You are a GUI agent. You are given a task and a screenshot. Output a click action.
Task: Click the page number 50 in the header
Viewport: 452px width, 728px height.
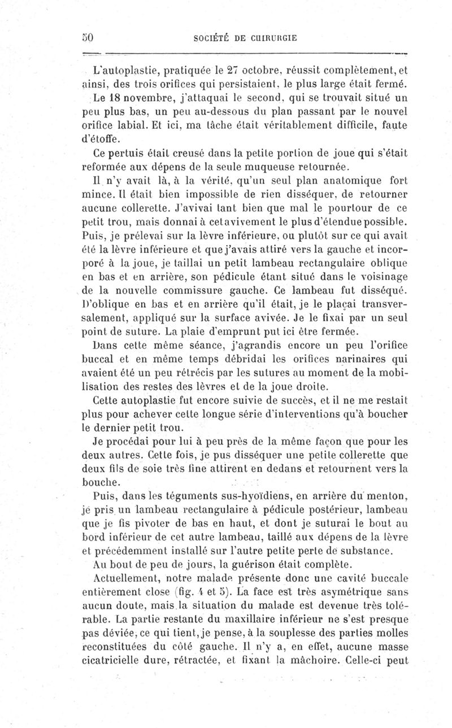click(x=86, y=37)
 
